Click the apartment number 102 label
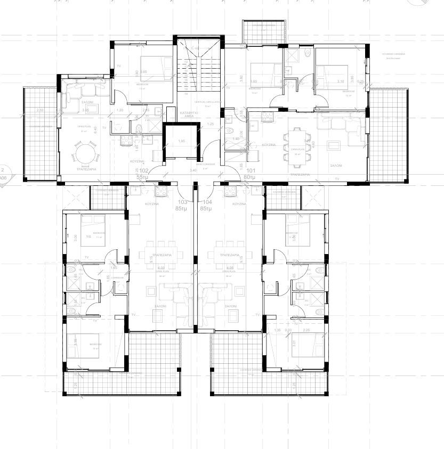(x=143, y=171)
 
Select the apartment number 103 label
(x=183, y=202)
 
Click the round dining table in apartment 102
(x=86, y=155)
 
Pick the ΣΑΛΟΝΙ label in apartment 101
(x=335, y=166)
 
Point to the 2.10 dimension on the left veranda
(x=40, y=110)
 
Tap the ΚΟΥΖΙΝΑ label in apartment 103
(x=152, y=203)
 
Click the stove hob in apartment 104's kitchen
(x=232, y=189)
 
